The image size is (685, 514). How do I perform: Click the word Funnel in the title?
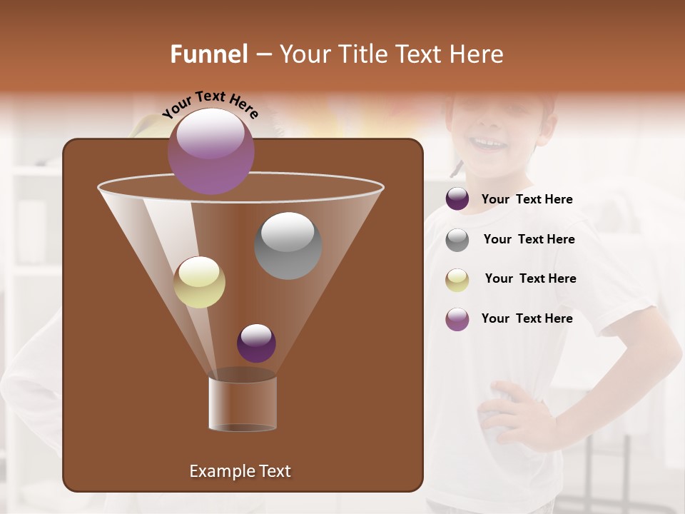[208, 54]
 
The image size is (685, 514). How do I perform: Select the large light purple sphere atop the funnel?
[210, 151]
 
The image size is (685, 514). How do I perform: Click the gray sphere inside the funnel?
[288, 245]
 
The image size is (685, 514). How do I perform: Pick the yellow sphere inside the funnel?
[199, 282]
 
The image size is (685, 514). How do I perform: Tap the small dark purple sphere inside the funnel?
[256, 343]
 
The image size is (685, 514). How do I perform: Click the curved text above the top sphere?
[210, 104]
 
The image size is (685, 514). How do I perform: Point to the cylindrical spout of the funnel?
[243, 403]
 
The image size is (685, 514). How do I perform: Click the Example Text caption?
[240, 471]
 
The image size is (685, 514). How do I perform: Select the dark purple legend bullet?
[457, 199]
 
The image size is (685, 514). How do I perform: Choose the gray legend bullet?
[457, 239]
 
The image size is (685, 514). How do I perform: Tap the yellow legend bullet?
[457, 279]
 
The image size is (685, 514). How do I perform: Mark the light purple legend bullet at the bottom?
[457, 319]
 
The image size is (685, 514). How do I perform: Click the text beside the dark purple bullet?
[527, 199]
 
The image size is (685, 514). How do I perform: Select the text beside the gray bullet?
[529, 239]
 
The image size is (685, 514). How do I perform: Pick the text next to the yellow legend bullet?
[530, 278]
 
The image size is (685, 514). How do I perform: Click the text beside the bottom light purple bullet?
[527, 318]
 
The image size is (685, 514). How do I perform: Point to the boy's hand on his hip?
[510, 414]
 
